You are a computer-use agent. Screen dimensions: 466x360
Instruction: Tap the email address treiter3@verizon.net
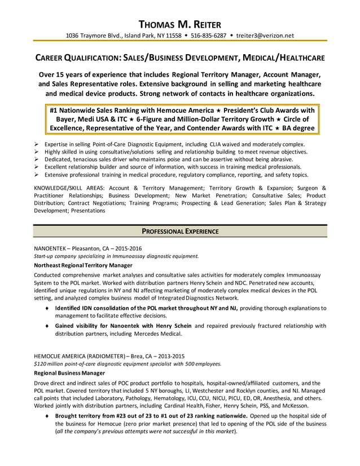[x=265, y=36]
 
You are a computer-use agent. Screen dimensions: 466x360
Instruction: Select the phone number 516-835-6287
[x=201, y=36]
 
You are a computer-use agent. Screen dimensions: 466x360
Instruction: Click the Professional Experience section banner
[x=180, y=231]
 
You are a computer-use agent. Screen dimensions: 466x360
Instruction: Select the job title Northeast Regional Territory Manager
[x=83, y=265]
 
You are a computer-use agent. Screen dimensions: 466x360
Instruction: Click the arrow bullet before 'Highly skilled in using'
[x=37, y=152]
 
